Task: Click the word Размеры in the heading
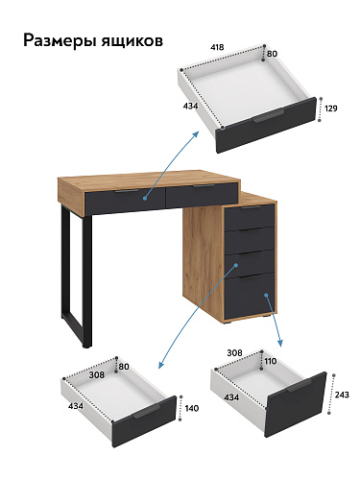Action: (60, 41)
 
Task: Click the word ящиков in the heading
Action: (132, 41)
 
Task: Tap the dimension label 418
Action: (217, 47)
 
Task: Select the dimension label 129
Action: (331, 108)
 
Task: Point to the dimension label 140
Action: (192, 408)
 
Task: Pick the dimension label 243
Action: (342, 395)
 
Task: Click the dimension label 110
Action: (271, 361)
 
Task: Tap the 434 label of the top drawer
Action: (190, 106)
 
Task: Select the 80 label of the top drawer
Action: (272, 54)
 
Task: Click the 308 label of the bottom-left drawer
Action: (97, 374)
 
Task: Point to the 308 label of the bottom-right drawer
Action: (234, 352)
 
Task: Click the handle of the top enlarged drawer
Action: (268, 116)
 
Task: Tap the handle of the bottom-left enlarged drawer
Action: (146, 412)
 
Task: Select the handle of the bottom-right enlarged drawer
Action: (300, 385)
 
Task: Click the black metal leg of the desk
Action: (77, 278)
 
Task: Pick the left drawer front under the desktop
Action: (125, 200)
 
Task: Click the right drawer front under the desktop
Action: (202, 195)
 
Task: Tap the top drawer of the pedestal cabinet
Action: (250, 217)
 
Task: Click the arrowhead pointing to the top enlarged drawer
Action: (195, 134)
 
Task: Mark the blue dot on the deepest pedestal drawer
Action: (266, 295)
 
